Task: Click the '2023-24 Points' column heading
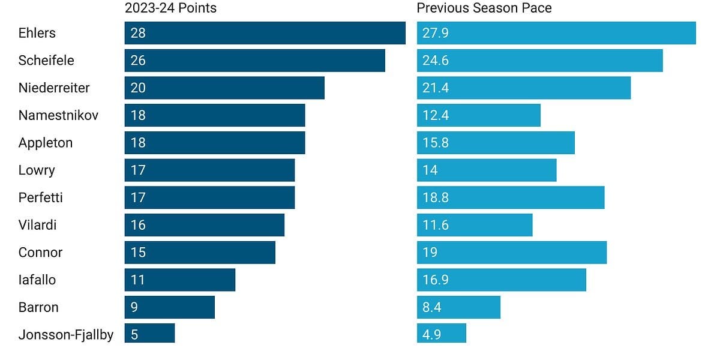170,8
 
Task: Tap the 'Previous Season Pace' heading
484,8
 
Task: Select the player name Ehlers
37,33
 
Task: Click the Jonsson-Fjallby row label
66,335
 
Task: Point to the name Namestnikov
58,115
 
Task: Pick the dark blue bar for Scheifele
255,61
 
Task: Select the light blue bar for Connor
512,253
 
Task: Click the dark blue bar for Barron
170,307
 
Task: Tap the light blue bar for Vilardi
475,225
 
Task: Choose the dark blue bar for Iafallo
180,280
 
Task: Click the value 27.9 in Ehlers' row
435,33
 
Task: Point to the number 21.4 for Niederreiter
435,88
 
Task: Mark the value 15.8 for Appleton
435,143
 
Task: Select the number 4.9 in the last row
431,335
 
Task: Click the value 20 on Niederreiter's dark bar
138,88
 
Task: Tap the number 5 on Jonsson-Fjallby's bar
134,335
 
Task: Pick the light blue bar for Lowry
487,170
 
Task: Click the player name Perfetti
41,197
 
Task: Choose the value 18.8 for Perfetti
435,197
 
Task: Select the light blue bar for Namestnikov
479,115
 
